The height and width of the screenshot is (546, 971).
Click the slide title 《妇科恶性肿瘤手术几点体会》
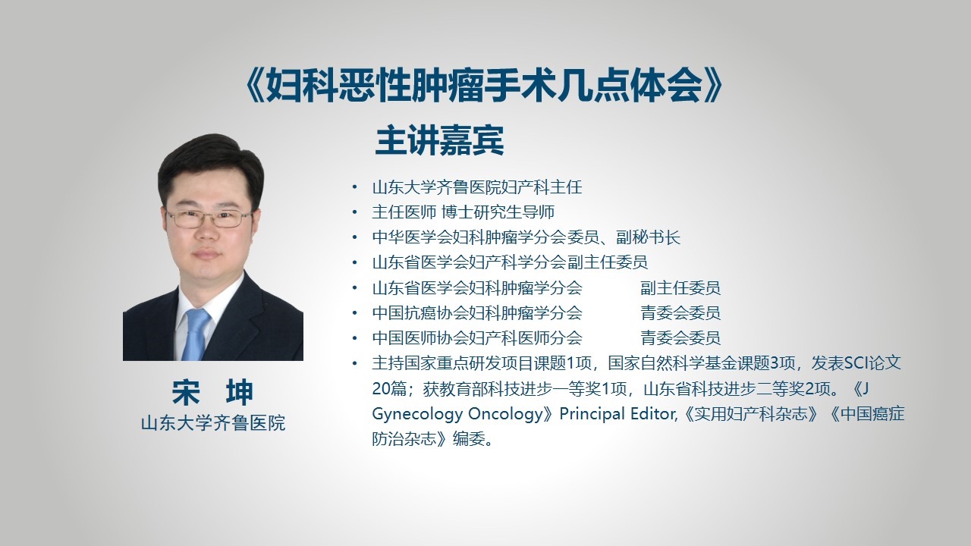484,86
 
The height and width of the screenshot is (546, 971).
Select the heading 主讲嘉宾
439,140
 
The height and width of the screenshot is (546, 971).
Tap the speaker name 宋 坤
212,392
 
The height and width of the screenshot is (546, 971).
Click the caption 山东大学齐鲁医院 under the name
213,423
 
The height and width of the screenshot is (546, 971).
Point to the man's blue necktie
195,334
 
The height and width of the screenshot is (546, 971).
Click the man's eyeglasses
209,218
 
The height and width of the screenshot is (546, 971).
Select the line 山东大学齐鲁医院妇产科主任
477,187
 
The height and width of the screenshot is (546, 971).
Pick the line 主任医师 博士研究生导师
463,212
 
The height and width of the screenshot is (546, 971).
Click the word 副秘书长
648,237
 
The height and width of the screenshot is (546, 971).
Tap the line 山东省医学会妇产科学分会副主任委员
510,262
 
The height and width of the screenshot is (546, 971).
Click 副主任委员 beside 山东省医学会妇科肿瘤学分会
680,287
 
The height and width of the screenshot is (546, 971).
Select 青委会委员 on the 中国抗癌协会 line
680,313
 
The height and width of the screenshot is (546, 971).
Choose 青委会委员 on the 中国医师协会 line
680,338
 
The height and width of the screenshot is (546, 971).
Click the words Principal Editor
617,414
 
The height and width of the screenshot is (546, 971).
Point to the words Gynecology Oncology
457,415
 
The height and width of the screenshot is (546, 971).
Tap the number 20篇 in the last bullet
388,389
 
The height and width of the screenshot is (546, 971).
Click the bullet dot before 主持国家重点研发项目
355,363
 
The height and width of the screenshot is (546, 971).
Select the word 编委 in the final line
469,439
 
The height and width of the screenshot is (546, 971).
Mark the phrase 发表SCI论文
856,363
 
